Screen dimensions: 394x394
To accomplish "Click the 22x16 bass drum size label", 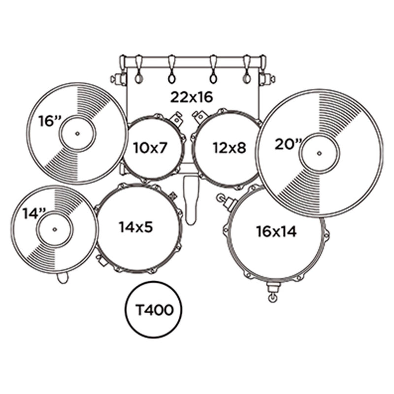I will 192,97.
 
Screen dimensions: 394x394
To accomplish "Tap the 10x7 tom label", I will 150,147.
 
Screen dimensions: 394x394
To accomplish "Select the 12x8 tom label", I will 229,147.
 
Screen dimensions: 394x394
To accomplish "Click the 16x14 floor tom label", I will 276,231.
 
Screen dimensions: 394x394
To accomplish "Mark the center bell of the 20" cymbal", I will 319,153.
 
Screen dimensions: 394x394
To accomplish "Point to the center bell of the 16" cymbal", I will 77,133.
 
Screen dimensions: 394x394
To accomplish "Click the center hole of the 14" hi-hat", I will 54,229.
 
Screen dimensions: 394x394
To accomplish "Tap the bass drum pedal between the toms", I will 191,199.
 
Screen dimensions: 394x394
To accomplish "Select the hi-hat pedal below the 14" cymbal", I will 62,278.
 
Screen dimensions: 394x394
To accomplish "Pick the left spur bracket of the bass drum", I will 118,78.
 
